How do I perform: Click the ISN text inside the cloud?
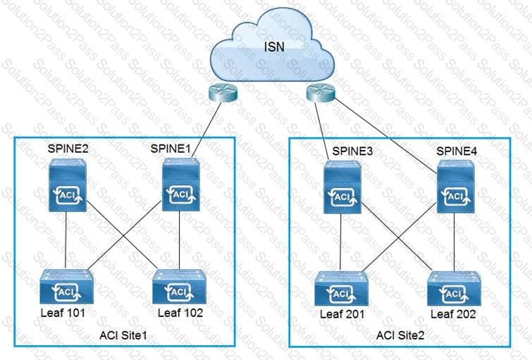274,46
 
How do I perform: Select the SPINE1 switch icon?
181,185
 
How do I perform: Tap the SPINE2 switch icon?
68,185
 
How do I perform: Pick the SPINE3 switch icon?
342,187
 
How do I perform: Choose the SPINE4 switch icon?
455,186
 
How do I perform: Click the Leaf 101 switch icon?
66,287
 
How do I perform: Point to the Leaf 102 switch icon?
180,287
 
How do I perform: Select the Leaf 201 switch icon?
341,288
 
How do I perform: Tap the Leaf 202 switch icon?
454,288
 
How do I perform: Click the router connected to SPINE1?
223,92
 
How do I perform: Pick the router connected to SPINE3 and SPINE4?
321,92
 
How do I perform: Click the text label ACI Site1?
123,335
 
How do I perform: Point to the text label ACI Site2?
400,335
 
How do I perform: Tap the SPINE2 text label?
68,149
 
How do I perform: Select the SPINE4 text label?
457,151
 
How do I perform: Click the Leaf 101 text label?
63,313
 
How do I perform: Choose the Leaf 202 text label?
453,314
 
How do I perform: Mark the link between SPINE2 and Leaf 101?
66,240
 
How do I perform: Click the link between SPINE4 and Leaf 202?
454,242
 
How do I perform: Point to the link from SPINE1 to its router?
206,129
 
